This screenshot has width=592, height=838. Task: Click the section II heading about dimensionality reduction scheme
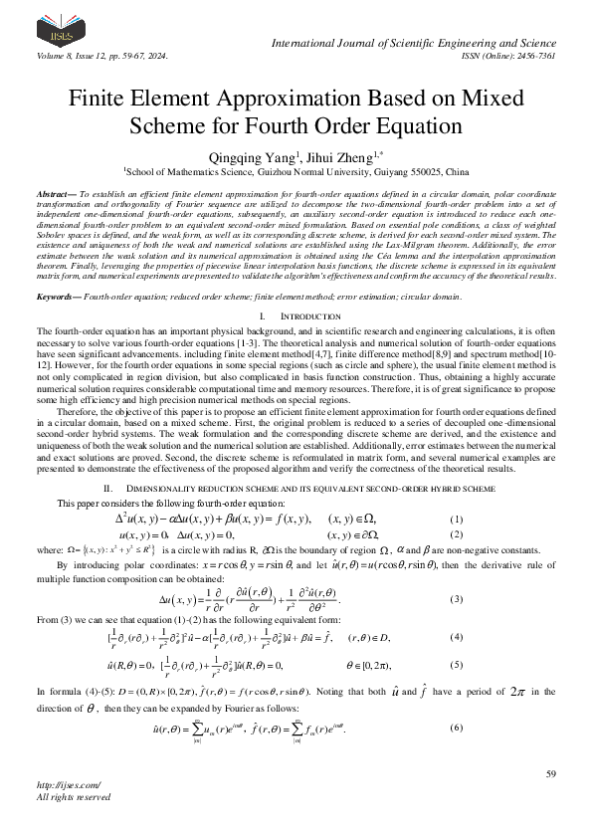coord(296,489)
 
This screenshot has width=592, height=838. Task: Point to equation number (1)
coord(457,520)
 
